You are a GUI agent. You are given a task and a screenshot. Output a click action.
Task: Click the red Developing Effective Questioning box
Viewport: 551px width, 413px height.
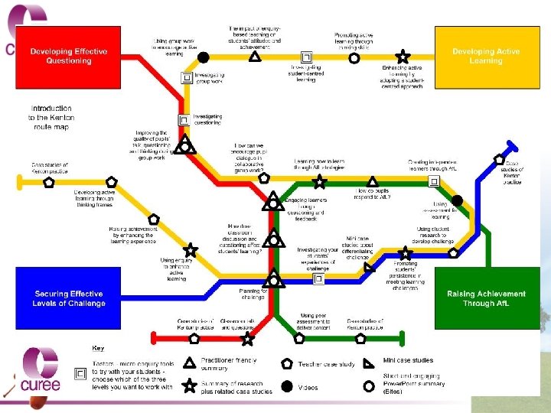click(69, 56)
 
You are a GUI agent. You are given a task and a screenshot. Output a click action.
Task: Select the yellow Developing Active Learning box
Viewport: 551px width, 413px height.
click(485, 56)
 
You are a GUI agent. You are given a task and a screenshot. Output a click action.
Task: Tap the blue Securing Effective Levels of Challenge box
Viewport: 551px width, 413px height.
click(69, 298)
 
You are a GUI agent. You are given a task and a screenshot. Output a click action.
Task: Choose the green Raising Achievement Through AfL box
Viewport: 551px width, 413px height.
click(486, 298)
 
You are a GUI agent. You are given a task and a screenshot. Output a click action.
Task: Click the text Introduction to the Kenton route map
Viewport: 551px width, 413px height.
click(51, 118)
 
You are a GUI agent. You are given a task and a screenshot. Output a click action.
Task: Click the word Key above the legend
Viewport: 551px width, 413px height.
click(99, 348)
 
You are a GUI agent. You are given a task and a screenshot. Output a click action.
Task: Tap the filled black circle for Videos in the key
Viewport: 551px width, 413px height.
click(286, 387)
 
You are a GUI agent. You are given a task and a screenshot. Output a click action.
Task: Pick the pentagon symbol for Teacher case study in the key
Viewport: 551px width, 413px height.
click(287, 363)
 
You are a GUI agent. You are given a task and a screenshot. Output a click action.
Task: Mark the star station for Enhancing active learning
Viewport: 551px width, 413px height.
click(403, 57)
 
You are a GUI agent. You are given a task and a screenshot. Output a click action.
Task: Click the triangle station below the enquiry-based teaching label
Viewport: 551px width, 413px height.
click(255, 56)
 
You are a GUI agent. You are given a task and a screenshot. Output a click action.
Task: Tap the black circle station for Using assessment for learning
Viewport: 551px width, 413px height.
click(456, 200)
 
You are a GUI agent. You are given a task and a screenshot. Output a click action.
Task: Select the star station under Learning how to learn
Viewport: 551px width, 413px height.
click(320, 182)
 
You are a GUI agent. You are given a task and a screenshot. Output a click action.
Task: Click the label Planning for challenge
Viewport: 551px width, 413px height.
click(253, 294)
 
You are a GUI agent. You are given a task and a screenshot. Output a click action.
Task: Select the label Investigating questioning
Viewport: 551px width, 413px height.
click(207, 120)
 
